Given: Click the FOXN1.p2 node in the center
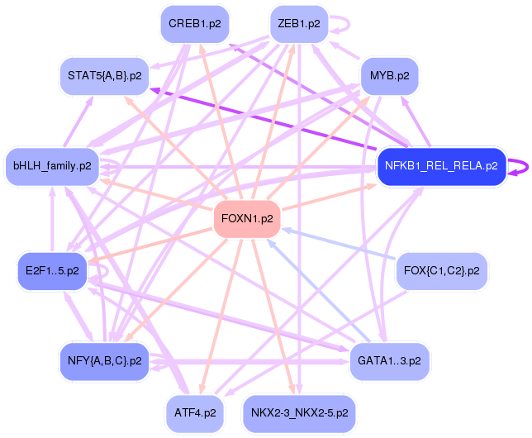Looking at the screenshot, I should pyautogui.click(x=247, y=219).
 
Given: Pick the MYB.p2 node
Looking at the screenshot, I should pyautogui.click(x=389, y=76).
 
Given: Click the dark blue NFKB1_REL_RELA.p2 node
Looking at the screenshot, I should pyautogui.click(x=440, y=166).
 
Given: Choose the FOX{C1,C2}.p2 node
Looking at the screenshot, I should pyautogui.click(x=441, y=270).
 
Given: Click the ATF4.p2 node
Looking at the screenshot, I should pyautogui.click(x=195, y=412).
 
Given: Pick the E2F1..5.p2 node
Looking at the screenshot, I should pyautogui.click(x=51, y=270).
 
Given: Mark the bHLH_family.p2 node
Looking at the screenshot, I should pyautogui.click(x=52, y=166).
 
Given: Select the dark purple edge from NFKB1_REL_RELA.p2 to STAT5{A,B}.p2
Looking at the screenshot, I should pyautogui.click(x=264, y=121).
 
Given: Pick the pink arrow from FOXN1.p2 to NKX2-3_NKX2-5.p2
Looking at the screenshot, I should pyautogui.click(x=273, y=314).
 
